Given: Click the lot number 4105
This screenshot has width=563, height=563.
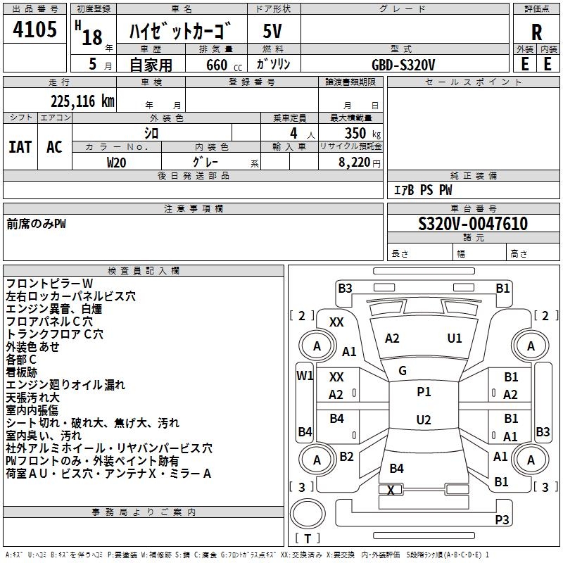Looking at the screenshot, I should (x=35, y=30).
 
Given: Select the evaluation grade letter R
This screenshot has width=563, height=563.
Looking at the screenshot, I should (x=536, y=32).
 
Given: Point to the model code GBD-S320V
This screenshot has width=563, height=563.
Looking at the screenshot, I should (x=403, y=64).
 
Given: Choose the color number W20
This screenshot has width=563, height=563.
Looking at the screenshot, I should (x=117, y=161).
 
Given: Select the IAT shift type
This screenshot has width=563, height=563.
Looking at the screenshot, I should (x=20, y=146).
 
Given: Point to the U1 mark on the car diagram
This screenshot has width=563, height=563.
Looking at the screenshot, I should (x=455, y=339).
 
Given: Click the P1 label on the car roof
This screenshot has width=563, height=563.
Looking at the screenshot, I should (x=424, y=392).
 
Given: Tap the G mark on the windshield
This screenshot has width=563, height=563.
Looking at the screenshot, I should (x=403, y=371).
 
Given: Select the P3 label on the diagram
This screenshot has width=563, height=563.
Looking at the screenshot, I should (x=502, y=520).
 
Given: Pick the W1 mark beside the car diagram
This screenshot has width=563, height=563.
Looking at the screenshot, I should (x=304, y=375).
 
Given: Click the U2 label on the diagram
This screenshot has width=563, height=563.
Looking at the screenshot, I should (x=424, y=420).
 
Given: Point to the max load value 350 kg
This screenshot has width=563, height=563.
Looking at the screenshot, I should (x=358, y=133).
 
